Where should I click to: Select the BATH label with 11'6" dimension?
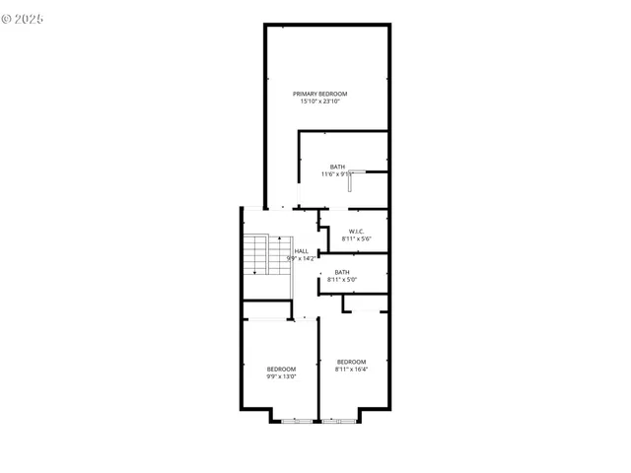click(x=337, y=167)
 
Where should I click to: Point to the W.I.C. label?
click(x=357, y=232)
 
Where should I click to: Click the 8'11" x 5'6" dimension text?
click(x=357, y=239)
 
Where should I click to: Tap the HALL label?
click(x=301, y=251)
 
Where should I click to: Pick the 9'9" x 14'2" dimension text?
click(x=301, y=259)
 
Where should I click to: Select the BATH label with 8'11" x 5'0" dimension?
click(x=342, y=272)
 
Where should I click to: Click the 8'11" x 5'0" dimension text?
click(x=342, y=280)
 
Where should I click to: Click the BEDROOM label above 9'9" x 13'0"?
click(x=281, y=369)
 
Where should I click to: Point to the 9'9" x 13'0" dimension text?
click(x=281, y=376)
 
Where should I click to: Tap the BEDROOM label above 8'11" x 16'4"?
click(x=351, y=362)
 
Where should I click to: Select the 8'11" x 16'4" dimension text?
click(x=351, y=370)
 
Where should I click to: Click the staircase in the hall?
click(x=257, y=255)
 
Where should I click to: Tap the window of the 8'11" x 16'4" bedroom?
click(x=339, y=421)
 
